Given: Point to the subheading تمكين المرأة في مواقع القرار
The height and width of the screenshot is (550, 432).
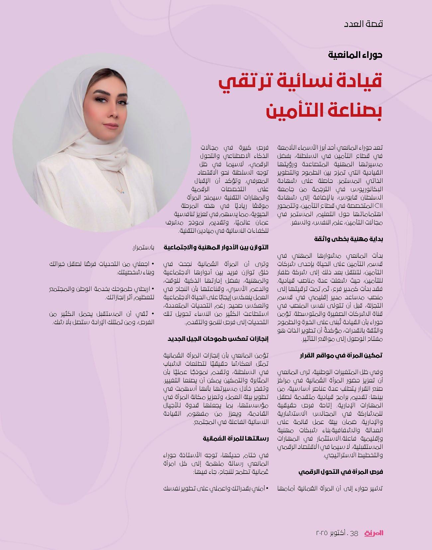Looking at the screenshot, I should click(x=341, y=355).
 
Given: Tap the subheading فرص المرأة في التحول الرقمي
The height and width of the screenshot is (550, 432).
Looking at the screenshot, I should click(x=341, y=472).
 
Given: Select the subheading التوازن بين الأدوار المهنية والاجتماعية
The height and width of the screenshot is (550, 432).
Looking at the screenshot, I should click(x=216, y=247).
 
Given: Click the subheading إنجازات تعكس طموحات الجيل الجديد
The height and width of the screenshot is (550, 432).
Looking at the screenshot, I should click(x=218, y=339).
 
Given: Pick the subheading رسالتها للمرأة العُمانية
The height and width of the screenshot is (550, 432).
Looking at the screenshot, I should click(x=236, y=439).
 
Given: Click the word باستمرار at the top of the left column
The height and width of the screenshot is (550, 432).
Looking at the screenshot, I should click(x=142, y=248).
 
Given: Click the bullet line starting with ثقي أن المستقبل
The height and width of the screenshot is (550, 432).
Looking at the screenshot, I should click(x=103, y=314).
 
